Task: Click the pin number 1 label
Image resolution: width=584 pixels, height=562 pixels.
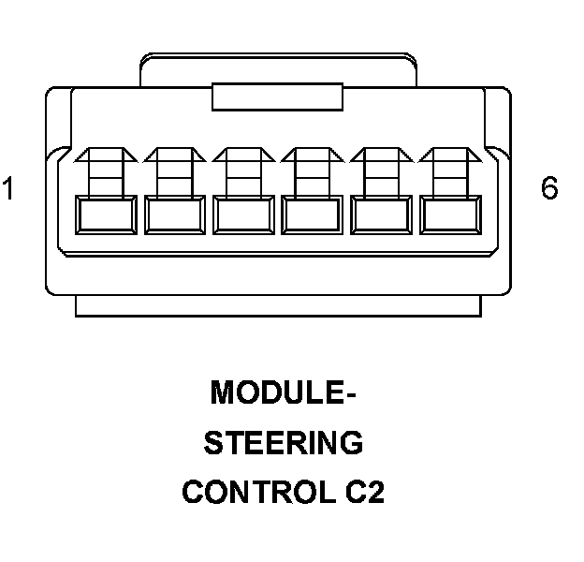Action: [x=9, y=189]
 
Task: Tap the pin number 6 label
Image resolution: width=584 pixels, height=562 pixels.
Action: [x=549, y=188]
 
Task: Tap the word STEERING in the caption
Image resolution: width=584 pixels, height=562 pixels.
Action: [x=284, y=442]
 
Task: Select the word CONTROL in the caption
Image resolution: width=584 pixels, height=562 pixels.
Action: [x=255, y=492]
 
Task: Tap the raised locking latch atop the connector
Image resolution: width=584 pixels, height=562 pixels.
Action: [x=277, y=68]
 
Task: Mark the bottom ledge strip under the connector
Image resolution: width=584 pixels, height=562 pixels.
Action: [x=278, y=305]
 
